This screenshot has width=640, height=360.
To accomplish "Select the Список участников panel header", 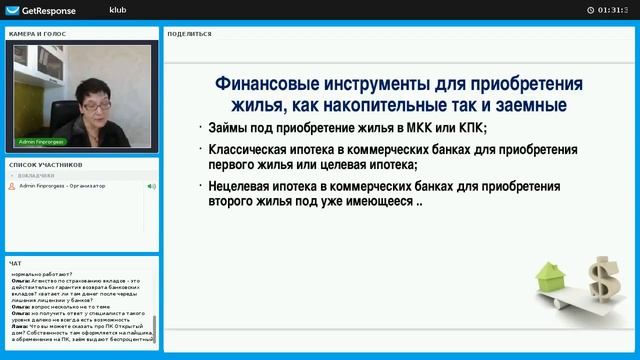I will [x=45, y=164].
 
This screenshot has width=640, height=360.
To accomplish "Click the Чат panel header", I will [x=15, y=263].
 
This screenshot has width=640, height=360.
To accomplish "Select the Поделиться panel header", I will [x=189, y=33].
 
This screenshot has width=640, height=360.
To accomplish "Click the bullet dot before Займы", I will [x=199, y=128].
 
